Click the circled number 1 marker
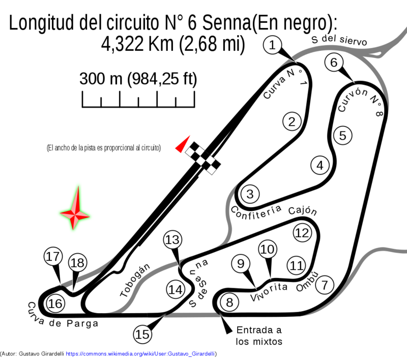pos(272,45)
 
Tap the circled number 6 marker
pos(334,62)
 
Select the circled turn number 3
pos(250,194)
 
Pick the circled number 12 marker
pos(302,233)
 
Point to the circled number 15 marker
pos(142,334)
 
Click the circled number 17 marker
pos(53,256)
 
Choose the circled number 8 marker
pos(229,302)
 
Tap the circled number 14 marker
pos(176,290)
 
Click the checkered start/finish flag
pos(203,158)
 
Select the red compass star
pos(75,208)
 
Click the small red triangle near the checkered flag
pos(183,144)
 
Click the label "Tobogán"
pos(135,280)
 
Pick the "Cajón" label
pos(303,211)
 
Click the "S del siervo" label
pos(339,40)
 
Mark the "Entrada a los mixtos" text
pos(259,336)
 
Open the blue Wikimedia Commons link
pos(140,354)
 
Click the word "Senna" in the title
pos(226,23)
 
